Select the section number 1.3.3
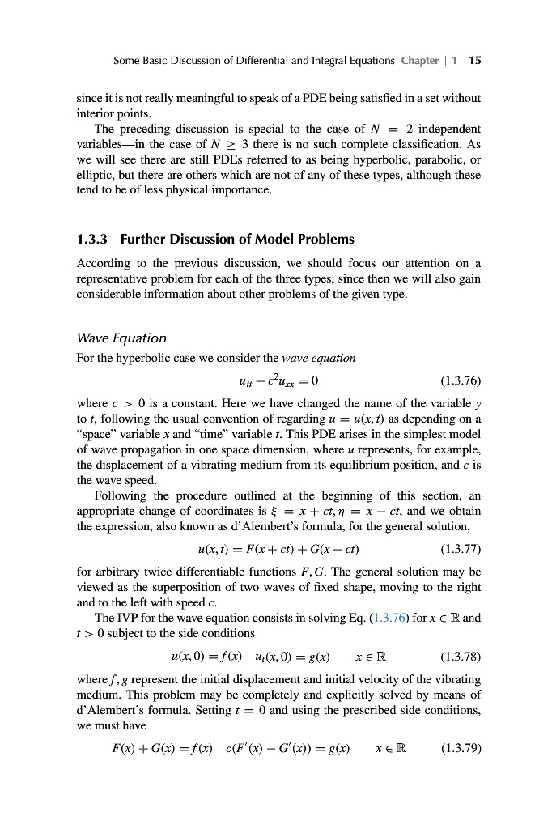[92, 239]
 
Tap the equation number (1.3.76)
[460, 380]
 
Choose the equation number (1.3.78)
[460, 654]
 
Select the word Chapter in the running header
[419, 61]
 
